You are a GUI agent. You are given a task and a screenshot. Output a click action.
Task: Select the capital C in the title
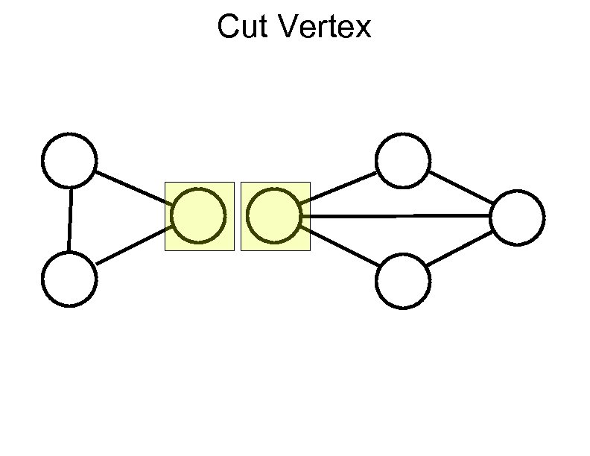(x=228, y=28)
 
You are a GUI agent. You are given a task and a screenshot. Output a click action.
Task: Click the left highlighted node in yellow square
(x=198, y=216)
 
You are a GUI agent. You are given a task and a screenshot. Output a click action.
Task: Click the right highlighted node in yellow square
(x=273, y=216)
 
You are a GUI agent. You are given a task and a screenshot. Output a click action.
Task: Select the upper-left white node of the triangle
(x=69, y=159)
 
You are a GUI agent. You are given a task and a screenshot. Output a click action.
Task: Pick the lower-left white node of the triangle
(x=69, y=279)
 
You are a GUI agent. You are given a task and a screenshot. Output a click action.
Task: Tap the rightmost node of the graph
(x=517, y=217)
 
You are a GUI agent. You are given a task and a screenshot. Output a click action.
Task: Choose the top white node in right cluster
(x=403, y=159)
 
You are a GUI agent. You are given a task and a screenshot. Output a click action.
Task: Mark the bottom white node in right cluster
(x=403, y=281)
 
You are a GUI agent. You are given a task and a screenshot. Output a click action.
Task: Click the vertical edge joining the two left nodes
(x=69, y=219)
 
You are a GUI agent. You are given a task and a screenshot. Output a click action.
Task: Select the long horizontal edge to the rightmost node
(x=395, y=216)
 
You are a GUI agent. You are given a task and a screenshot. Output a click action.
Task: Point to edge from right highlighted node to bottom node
(x=339, y=247)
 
